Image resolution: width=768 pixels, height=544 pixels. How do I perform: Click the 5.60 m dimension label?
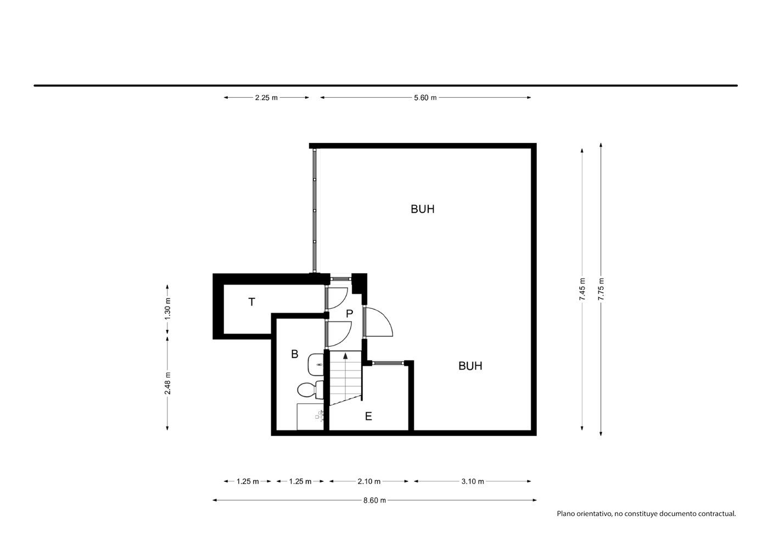point(425,98)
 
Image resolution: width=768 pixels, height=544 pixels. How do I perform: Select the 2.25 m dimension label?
point(266,98)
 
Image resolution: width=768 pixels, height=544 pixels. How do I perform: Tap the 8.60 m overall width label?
point(375,501)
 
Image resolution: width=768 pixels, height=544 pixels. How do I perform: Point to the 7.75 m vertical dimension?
point(601,289)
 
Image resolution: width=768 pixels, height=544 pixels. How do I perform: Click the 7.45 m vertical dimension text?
point(582,289)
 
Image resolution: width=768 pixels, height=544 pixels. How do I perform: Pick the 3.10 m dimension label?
point(473,481)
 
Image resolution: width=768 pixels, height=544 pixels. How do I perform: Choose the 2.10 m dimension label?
point(369,481)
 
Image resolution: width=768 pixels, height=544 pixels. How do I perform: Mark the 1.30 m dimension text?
point(167,309)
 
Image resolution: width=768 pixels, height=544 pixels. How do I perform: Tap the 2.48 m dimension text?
point(167,383)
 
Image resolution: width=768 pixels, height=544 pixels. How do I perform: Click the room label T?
point(251,302)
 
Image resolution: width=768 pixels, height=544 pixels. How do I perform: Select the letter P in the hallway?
point(349,314)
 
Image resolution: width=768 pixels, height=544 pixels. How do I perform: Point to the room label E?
point(368,417)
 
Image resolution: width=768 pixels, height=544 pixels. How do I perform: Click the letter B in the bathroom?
point(294,354)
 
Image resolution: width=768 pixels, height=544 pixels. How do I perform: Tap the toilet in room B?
point(310,390)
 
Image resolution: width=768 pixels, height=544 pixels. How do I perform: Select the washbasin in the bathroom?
point(316,365)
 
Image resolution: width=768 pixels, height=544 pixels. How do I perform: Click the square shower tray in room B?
point(310,417)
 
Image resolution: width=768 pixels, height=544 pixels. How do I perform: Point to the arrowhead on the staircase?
point(345,356)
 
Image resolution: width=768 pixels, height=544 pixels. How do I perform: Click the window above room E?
point(388,363)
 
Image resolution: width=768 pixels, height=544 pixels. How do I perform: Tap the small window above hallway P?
point(341,279)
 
